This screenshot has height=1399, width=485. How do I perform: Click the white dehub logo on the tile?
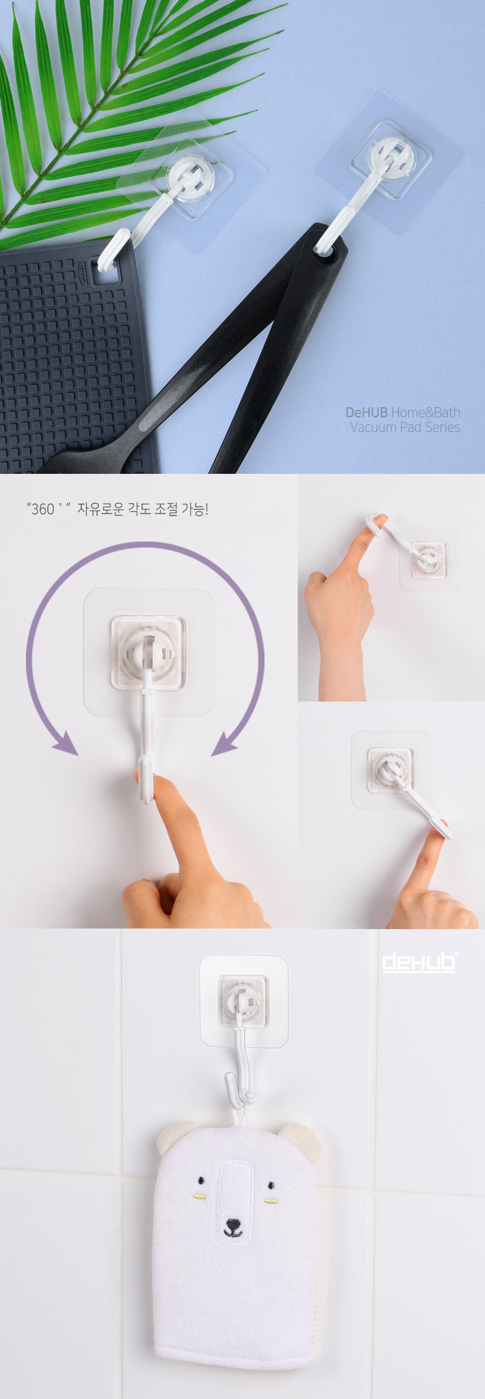[x=418, y=963]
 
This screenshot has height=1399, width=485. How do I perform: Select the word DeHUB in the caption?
[x=367, y=412]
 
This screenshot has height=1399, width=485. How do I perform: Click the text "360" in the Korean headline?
[x=43, y=509]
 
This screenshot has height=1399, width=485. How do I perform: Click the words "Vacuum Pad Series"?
[x=405, y=428]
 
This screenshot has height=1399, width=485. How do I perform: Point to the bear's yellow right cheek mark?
[x=271, y=1200]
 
